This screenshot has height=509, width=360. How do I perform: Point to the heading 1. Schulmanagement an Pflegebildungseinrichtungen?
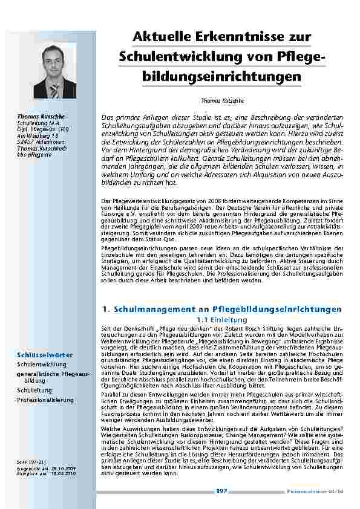point(222,309)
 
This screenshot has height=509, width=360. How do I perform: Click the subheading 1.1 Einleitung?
point(222,319)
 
